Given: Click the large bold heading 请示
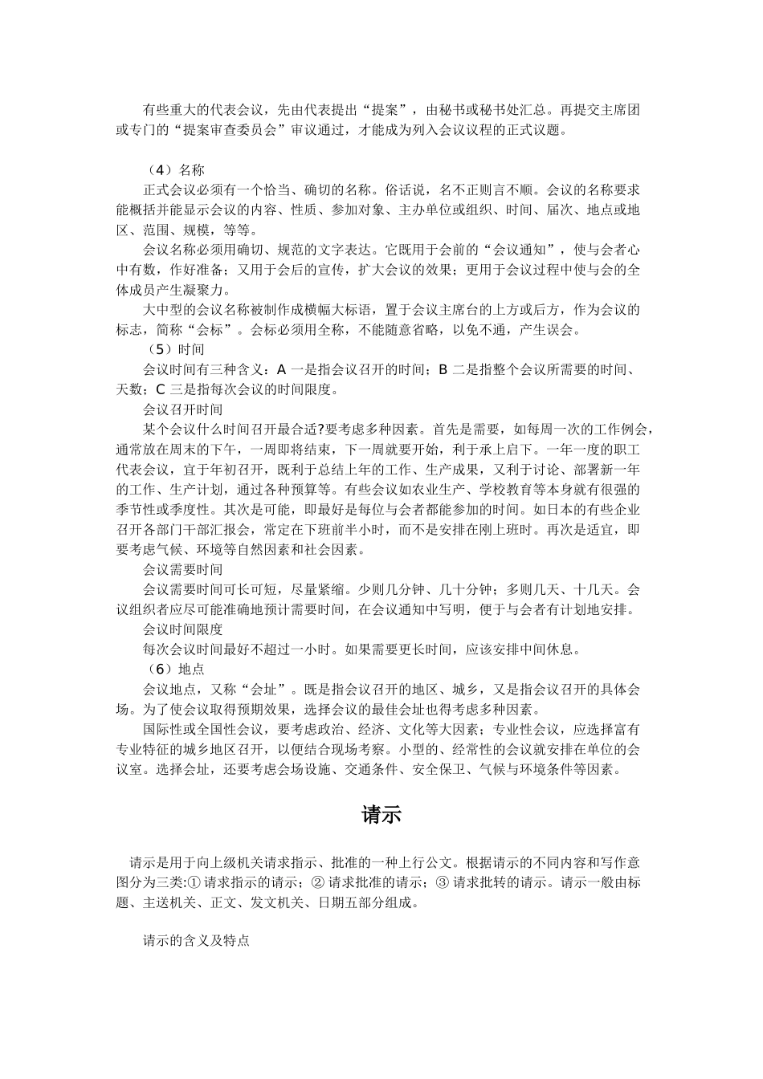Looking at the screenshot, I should tap(381, 815).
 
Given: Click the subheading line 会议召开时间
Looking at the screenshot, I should tap(183, 409).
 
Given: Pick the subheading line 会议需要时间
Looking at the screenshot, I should tap(183, 569).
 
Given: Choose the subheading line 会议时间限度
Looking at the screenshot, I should tap(183, 629).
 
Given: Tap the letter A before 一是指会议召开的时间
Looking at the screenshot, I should tap(281, 370).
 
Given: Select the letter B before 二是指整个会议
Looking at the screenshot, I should tap(443, 370).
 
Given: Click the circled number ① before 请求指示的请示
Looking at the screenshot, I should tap(195, 883).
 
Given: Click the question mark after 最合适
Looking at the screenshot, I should tap(320, 430).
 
